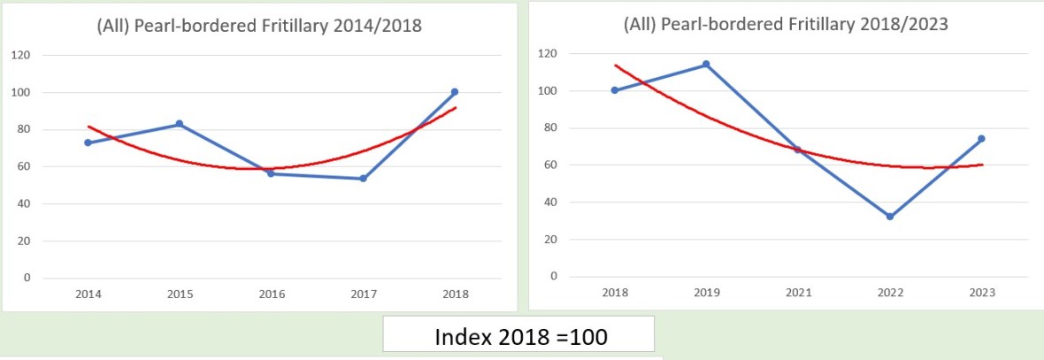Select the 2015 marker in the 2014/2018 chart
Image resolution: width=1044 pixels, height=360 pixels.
point(180,124)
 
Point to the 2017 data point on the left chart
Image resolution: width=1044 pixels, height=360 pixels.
point(363,179)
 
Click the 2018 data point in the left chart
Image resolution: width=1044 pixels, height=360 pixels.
point(454,92)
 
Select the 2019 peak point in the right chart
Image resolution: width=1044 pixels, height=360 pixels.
point(706,65)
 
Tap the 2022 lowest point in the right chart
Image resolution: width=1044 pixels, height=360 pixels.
point(890,216)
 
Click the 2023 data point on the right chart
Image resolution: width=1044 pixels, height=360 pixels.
point(981,139)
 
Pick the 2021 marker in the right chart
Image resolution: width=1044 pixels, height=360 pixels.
point(798,149)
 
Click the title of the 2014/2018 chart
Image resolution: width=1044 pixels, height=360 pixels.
point(259,26)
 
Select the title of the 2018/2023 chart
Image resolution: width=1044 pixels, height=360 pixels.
point(786,24)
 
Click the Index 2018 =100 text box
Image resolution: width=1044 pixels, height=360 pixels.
point(518,337)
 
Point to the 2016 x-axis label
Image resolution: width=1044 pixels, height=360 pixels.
point(271,294)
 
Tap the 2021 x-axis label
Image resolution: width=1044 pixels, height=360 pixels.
point(798,292)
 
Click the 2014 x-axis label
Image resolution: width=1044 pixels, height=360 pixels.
point(88,294)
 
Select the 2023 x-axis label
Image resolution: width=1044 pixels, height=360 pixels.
point(981,292)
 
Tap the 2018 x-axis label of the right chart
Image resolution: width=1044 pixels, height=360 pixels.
point(615,292)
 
